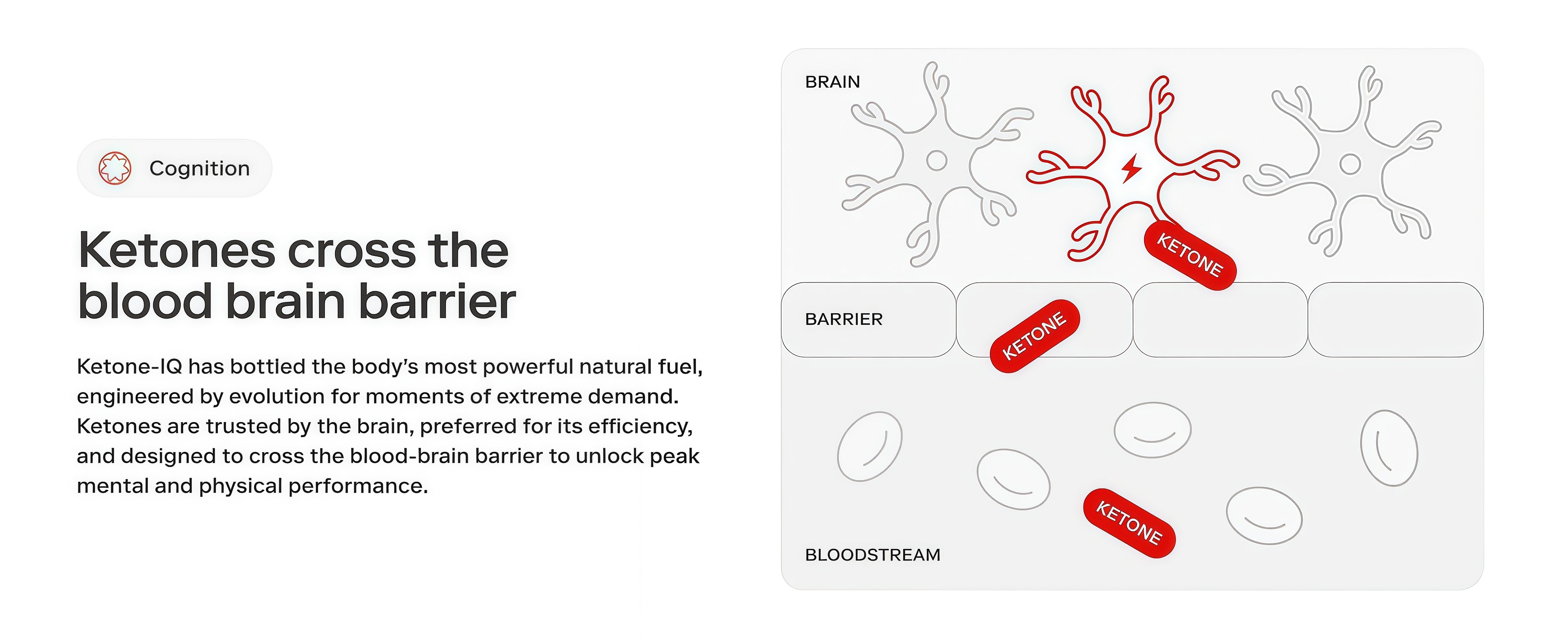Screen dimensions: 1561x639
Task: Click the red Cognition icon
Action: pos(115,168)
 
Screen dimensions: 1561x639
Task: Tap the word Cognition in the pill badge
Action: pos(199,168)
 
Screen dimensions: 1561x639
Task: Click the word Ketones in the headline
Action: pos(177,250)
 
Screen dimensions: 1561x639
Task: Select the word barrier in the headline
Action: pos(437,301)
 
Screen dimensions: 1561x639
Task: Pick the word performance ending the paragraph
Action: pos(358,486)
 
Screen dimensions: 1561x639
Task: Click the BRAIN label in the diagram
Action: pos(833,82)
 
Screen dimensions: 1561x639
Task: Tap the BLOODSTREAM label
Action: pos(873,555)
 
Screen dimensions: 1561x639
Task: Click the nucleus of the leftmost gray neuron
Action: pos(937,160)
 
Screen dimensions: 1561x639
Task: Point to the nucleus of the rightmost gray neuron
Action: pos(1350,164)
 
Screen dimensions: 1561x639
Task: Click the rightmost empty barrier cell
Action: pos(1396,320)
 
